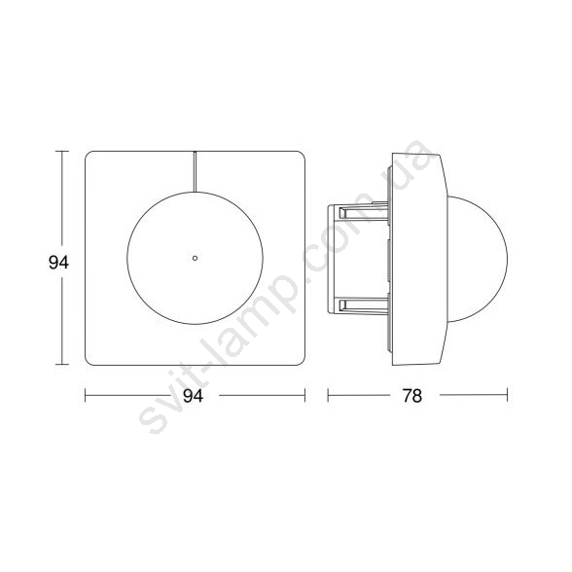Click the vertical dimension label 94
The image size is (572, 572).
click(58, 263)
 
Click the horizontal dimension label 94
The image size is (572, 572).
click(193, 395)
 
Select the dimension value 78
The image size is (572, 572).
click(412, 395)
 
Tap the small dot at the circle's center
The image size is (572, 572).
click(195, 259)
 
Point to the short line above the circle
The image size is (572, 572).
click(195, 171)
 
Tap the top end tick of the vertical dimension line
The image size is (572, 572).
click(61, 152)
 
